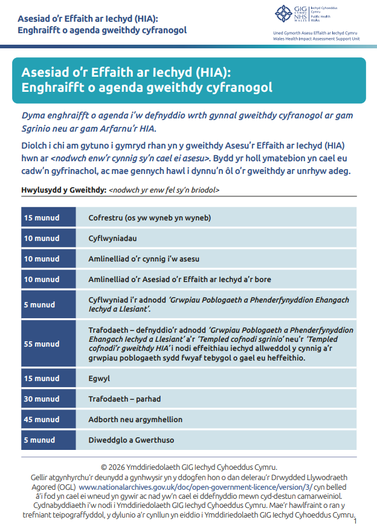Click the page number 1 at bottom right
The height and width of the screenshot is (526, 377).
(355, 521)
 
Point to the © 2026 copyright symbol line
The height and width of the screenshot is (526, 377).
(188, 467)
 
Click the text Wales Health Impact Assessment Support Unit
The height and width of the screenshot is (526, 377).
(317, 37)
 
